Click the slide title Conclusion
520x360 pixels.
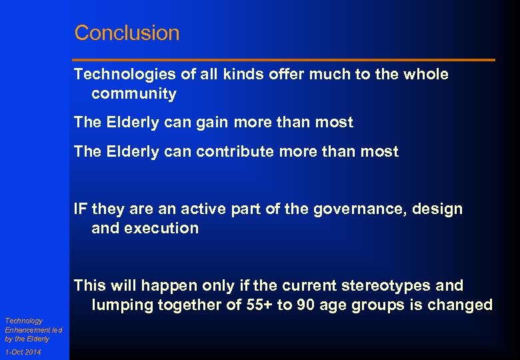tap(127, 33)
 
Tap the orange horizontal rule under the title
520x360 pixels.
tap(284, 60)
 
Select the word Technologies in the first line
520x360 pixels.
tap(117, 75)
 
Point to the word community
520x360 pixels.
tap(134, 94)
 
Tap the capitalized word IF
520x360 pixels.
tap(81, 209)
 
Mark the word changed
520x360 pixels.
tap(463, 305)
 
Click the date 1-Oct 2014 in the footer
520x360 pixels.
tap(23, 352)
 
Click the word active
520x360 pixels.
tap(189, 209)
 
